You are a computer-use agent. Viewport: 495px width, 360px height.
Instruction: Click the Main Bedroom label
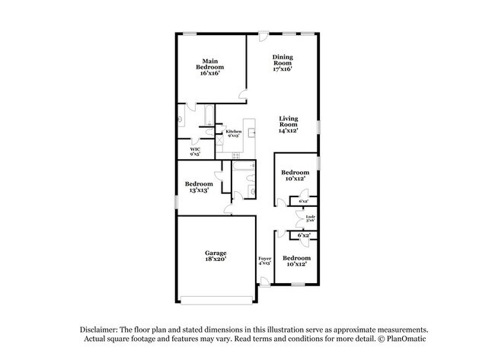212,67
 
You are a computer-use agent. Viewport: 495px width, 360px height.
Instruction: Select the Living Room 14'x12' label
288,124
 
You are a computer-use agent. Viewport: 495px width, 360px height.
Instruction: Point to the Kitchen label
232,134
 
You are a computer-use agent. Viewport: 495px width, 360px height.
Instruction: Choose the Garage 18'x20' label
215,256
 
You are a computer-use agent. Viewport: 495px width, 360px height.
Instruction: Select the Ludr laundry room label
310,219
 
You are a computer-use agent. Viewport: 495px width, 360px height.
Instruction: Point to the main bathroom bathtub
204,116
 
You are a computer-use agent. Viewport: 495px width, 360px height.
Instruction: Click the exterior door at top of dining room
263,35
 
